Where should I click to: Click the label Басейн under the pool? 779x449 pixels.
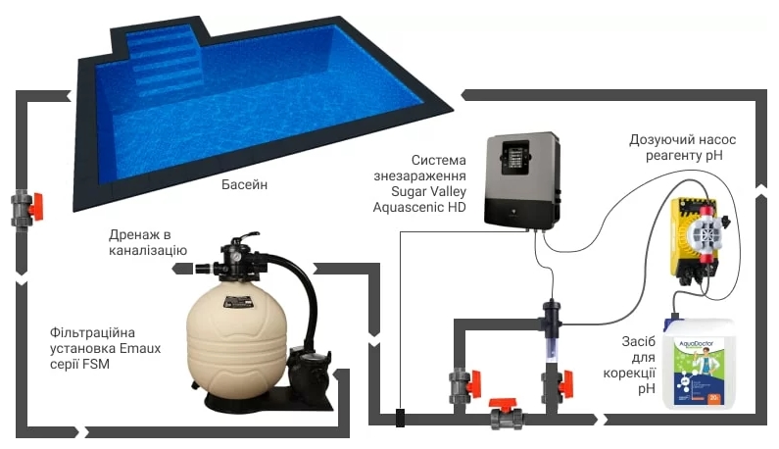[244, 184]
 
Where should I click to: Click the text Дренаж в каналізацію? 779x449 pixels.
[148, 242]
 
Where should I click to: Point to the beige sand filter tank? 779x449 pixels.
[236, 338]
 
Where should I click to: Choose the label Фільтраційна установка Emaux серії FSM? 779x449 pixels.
[105, 348]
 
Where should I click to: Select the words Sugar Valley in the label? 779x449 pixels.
[428, 191]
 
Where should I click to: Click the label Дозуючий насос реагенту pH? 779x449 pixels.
[683, 148]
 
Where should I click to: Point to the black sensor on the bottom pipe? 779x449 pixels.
[400, 418]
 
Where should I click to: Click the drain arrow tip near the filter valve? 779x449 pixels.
[172, 269]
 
